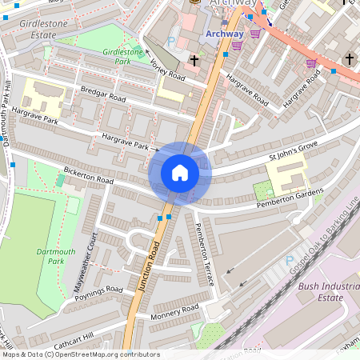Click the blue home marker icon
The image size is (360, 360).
[179, 173]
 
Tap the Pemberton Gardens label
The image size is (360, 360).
[289, 198]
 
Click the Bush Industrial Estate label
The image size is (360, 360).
[328, 291]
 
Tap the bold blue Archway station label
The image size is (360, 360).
[223, 34]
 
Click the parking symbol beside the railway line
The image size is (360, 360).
[289, 260]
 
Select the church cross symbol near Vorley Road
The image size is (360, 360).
[194, 60]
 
